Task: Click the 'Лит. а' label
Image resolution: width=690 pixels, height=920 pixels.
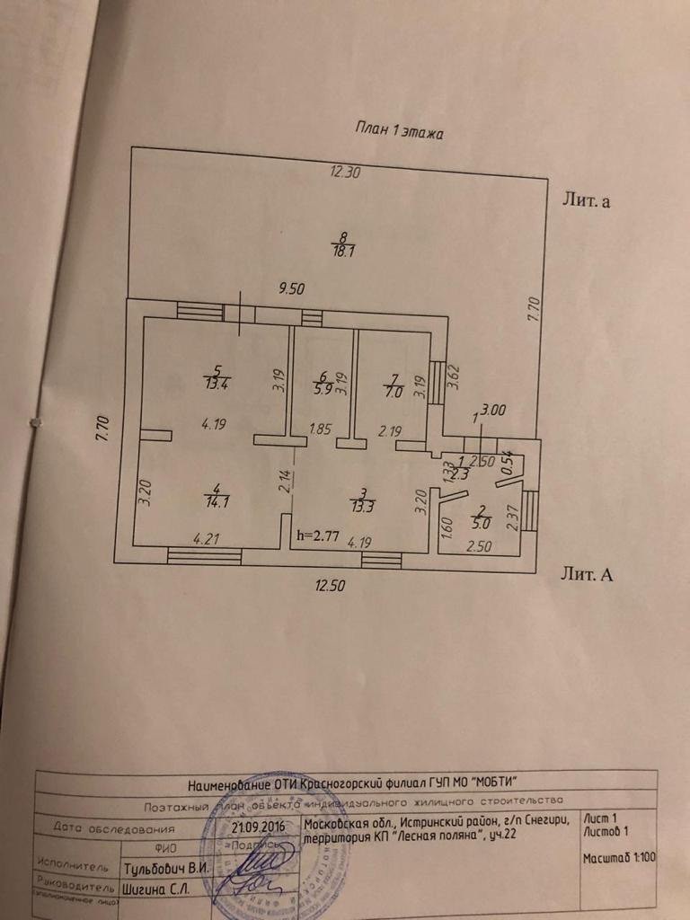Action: (x=587, y=201)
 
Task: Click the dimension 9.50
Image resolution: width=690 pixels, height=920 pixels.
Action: (x=293, y=288)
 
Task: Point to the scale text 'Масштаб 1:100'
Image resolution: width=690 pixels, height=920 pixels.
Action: (x=618, y=858)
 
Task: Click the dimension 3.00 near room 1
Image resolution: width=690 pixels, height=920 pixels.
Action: (x=494, y=411)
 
